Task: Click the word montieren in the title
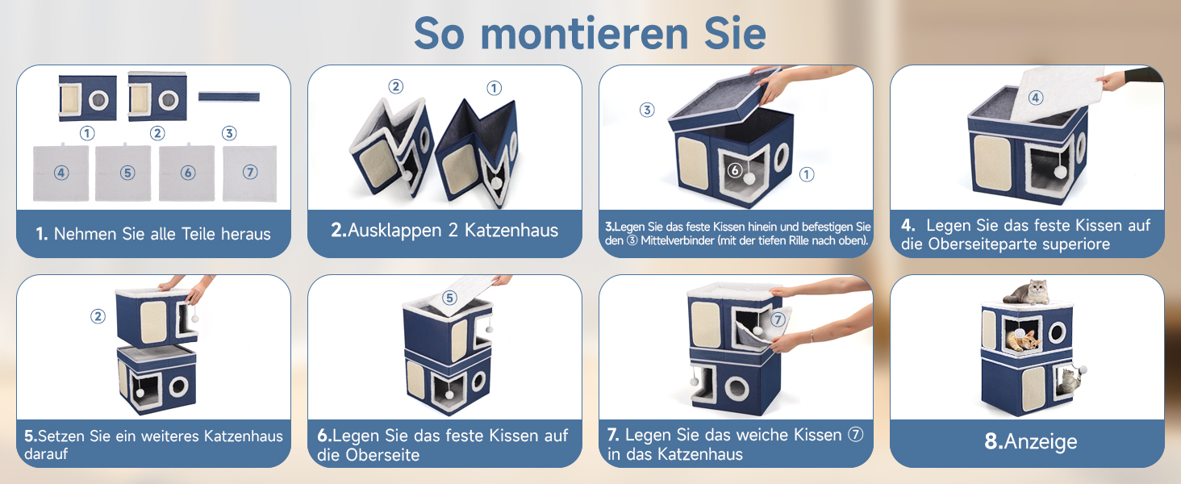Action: click(x=585, y=34)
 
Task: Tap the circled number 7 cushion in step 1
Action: click(x=250, y=173)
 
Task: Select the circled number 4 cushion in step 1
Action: click(x=61, y=173)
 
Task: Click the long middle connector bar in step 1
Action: click(x=229, y=97)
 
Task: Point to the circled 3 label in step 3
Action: click(x=647, y=110)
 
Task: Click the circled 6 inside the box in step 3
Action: click(x=734, y=169)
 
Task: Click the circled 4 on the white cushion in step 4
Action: click(x=1036, y=98)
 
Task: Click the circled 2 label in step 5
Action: click(x=98, y=316)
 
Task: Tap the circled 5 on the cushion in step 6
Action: click(x=449, y=298)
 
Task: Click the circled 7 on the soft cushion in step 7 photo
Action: click(x=777, y=319)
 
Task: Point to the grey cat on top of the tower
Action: click(x=1027, y=292)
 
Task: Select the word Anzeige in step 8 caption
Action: click(x=1041, y=442)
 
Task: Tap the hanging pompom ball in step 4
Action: click(x=1060, y=171)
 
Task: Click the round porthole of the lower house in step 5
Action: click(x=179, y=387)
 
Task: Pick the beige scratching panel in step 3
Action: click(x=693, y=164)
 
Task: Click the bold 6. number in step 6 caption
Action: click(x=324, y=436)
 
